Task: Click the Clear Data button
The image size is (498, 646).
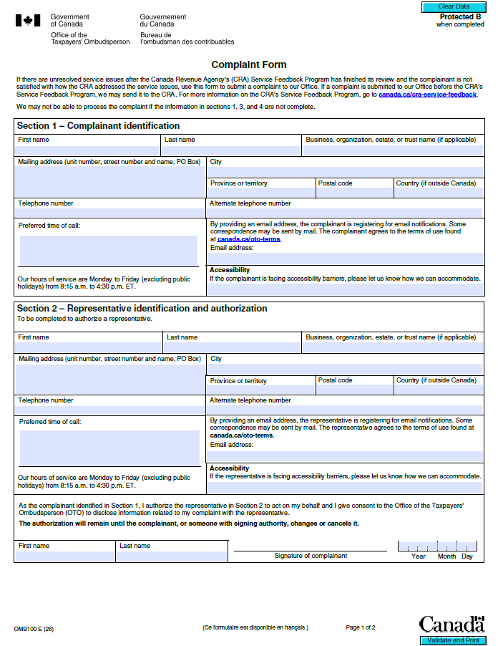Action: tap(453, 6)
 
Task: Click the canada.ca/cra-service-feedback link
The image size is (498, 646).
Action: tap(427, 95)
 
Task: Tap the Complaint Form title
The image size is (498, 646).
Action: tap(248, 65)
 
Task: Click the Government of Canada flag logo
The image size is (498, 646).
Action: tap(28, 20)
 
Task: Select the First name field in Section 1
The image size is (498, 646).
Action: tap(88, 151)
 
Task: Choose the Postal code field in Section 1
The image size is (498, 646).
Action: tap(354, 193)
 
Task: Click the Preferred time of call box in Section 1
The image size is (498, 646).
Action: tap(109, 251)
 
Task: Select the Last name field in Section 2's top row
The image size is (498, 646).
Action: tap(232, 347)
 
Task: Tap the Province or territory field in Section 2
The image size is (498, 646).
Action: tap(261, 390)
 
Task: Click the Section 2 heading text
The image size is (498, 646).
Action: tap(142, 309)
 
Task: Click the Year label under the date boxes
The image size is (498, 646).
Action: tap(419, 556)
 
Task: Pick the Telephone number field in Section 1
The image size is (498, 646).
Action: tap(110, 213)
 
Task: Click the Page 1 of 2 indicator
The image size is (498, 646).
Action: tap(361, 627)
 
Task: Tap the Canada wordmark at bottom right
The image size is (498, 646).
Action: tap(451, 625)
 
